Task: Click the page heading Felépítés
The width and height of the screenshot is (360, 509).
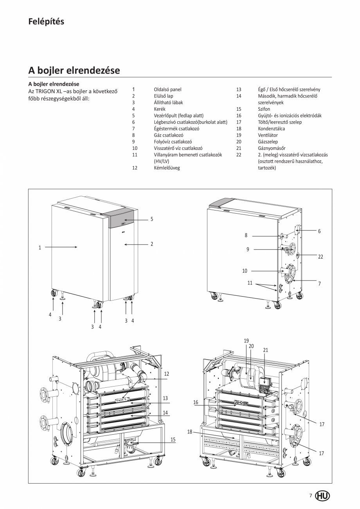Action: [x=46, y=22]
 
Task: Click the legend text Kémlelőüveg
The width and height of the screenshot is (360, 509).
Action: [x=167, y=168]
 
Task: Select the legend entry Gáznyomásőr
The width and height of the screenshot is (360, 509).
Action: [x=272, y=148]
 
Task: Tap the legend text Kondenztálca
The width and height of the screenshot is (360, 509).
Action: [x=271, y=129]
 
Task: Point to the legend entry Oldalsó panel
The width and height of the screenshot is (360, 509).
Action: [x=167, y=89]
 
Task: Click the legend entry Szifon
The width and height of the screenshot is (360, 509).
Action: [x=264, y=109]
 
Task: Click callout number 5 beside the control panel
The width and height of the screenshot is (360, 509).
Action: [x=152, y=219]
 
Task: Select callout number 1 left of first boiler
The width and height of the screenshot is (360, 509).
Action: [x=40, y=247]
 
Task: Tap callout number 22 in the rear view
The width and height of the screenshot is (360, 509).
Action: [x=320, y=257]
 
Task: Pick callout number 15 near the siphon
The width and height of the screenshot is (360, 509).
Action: [x=173, y=440]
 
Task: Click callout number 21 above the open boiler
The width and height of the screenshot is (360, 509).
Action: [x=266, y=350]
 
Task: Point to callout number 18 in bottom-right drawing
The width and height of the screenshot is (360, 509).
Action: [x=190, y=432]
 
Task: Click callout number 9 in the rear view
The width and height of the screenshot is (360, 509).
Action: [x=248, y=249]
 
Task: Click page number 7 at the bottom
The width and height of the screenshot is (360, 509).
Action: [x=311, y=496]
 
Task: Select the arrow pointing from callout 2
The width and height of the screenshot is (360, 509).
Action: [x=135, y=244]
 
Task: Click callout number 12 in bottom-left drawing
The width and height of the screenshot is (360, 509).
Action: [x=166, y=374]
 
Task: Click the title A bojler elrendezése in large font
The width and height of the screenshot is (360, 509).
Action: [x=74, y=70]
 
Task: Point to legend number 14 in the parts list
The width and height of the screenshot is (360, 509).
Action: [x=239, y=96]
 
